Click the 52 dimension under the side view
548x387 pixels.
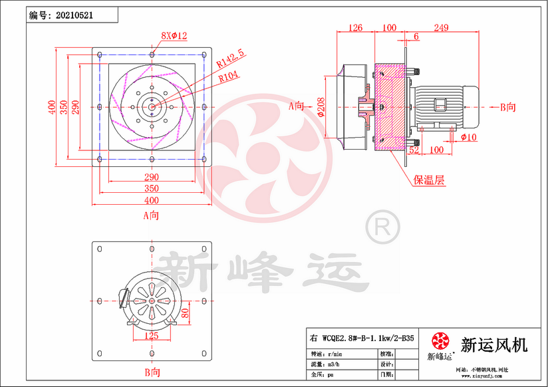pos(413,150)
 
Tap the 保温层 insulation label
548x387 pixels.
pos(429,180)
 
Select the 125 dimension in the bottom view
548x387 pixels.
pos(152,336)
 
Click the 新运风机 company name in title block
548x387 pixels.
pos(493,345)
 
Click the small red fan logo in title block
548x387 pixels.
pos(440,342)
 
